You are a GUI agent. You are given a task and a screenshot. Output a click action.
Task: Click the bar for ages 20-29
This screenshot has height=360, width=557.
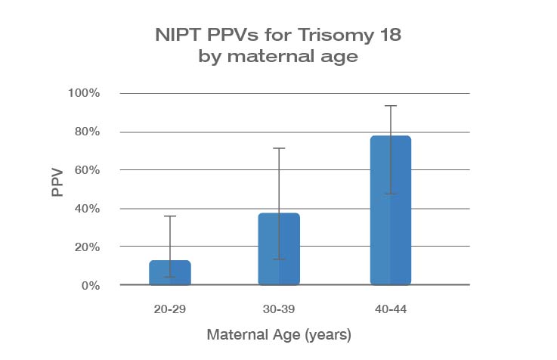pos(170,273)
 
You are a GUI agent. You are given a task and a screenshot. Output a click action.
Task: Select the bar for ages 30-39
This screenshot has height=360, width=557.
pos(280,250)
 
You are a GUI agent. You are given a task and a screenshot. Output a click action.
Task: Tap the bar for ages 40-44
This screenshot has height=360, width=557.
pos(390,211)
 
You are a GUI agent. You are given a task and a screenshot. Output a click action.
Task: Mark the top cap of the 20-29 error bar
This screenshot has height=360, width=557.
pos(170,216)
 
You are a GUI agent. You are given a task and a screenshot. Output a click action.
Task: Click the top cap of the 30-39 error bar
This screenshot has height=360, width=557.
pos(280,148)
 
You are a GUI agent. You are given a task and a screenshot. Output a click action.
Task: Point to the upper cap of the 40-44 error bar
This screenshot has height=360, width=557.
pos(390,106)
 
